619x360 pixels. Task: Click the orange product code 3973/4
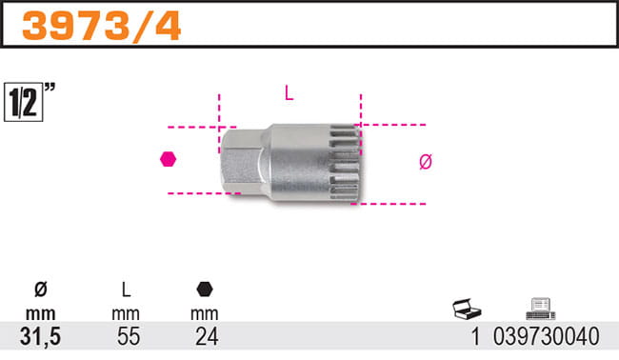[x=102, y=26]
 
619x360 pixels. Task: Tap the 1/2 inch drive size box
[x=23, y=102]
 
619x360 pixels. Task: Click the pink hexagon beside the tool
[x=169, y=159]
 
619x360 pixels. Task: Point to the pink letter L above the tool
[x=289, y=93]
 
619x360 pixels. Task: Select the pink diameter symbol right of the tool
[x=426, y=162]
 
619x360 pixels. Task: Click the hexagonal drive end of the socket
[x=241, y=161]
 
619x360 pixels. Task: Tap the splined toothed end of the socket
[x=346, y=163]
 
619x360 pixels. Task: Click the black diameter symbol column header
[x=41, y=290]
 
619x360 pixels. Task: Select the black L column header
[x=126, y=290]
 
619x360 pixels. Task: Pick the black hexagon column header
[x=205, y=290]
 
